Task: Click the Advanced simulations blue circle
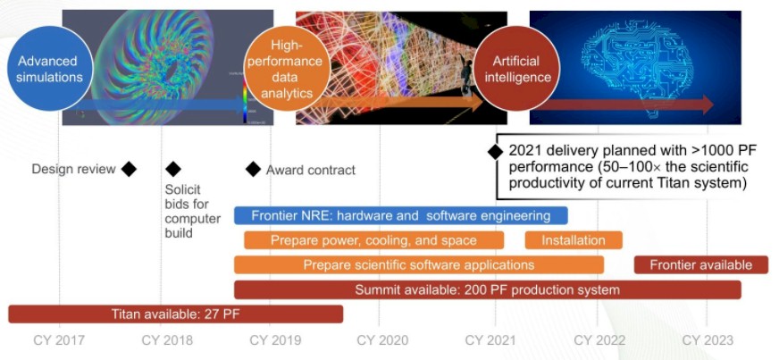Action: [x=49, y=69]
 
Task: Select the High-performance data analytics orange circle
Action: [x=286, y=69]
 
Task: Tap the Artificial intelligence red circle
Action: [x=516, y=69]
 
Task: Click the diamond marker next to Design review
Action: [x=129, y=170]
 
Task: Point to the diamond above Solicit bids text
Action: [x=173, y=170]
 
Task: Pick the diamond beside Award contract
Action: [x=254, y=170]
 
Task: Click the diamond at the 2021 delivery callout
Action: [x=495, y=152]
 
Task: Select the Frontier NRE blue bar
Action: [x=401, y=215]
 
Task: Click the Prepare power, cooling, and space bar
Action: [x=373, y=240]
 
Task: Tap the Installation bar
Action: [x=574, y=240]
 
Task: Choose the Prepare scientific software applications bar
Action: [x=419, y=264]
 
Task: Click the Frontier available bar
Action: [x=701, y=264]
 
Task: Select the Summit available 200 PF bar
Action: [x=488, y=289]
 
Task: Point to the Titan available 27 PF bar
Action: [x=175, y=314]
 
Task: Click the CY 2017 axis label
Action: [x=59, y=340]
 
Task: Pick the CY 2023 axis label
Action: [x=708, y=340]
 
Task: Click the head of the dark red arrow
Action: [x=708, y=105]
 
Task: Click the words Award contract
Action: [x=311, y=170]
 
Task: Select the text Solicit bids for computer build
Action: [x=193, y=211]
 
